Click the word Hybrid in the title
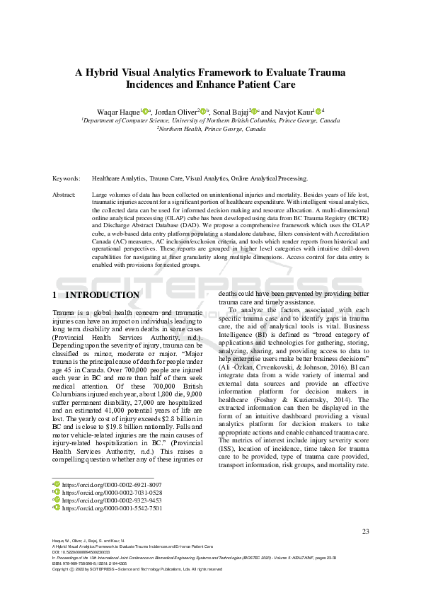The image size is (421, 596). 103,71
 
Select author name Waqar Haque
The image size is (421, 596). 118,111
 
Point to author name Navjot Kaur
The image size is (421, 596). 293,111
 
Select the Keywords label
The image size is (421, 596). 67,178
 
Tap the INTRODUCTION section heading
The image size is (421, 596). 102,294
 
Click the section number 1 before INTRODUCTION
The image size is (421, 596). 55,294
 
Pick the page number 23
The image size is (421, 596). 365,531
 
